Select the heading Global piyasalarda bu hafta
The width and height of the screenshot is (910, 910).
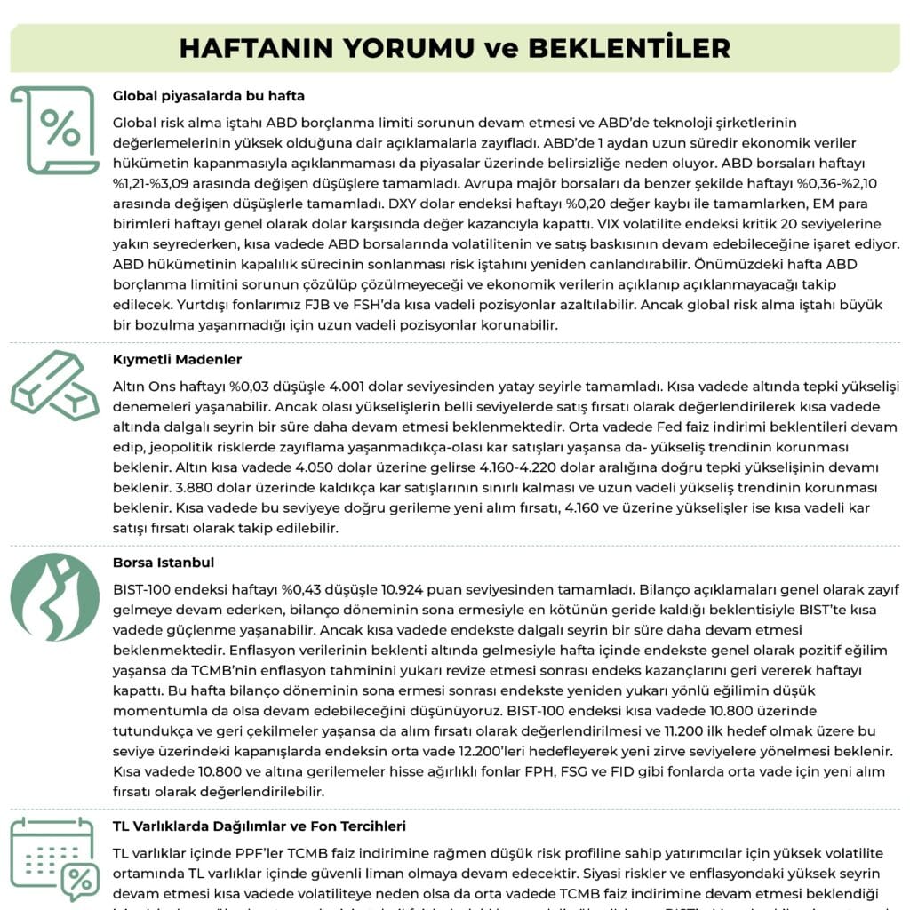coord(209,96)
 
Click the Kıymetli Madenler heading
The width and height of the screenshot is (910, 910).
coord(178,360)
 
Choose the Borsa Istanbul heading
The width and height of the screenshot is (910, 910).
coord(164,563)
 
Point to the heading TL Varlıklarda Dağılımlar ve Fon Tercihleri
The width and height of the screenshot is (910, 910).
coord(259,826)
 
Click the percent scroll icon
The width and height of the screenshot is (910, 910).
coord(55,130)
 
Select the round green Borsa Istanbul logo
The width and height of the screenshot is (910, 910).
coord(55,597)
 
